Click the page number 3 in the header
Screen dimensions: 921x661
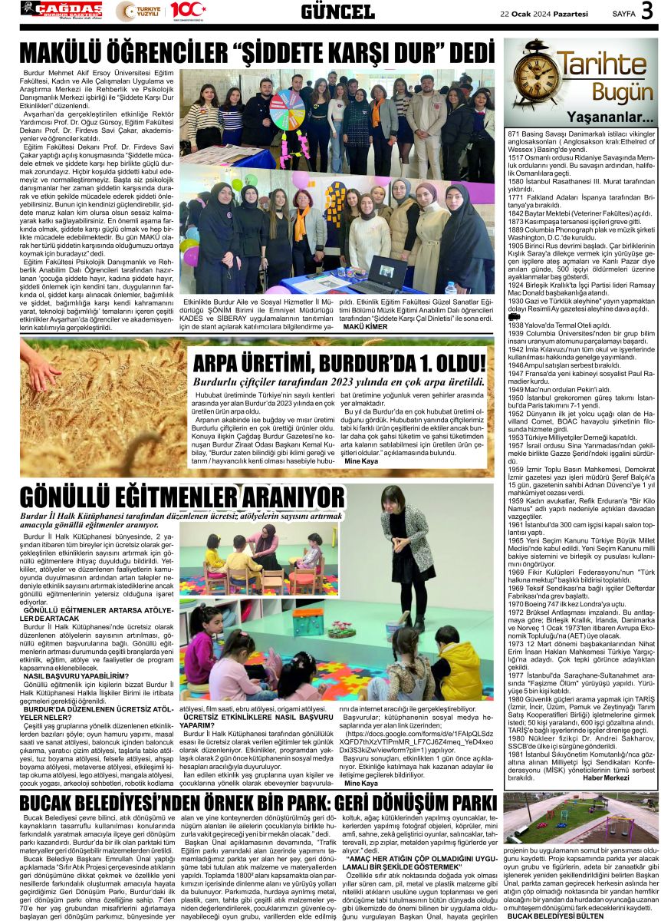coord(646,11)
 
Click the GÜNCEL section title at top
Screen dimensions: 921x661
coord(337,12)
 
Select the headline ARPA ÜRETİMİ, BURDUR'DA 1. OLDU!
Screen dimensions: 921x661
coord(339,364)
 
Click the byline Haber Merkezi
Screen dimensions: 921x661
coord(606,778)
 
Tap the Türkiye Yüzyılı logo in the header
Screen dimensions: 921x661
coord(139,11)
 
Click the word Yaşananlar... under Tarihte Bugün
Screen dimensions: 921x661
coord(610,118)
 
